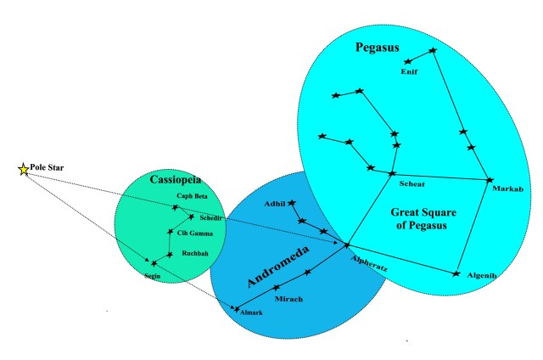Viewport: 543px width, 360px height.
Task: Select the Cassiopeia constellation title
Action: (175, 180)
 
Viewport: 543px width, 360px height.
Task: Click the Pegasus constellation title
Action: (378, 46)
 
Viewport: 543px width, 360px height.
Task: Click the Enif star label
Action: (410, 72)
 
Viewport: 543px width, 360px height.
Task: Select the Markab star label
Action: (507, 188)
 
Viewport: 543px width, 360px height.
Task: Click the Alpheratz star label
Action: (369, 267)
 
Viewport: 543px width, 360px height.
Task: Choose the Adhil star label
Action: (274, 204)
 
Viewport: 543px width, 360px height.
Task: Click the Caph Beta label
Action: (192, 197)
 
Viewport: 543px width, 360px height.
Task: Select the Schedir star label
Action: (212, 218)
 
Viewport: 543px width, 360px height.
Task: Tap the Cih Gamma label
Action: (196, 233)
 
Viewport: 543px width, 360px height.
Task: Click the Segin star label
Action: (152, 275)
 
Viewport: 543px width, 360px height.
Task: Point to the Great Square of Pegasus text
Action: (418, 217)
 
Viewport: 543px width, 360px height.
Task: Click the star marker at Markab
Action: (490, 179)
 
